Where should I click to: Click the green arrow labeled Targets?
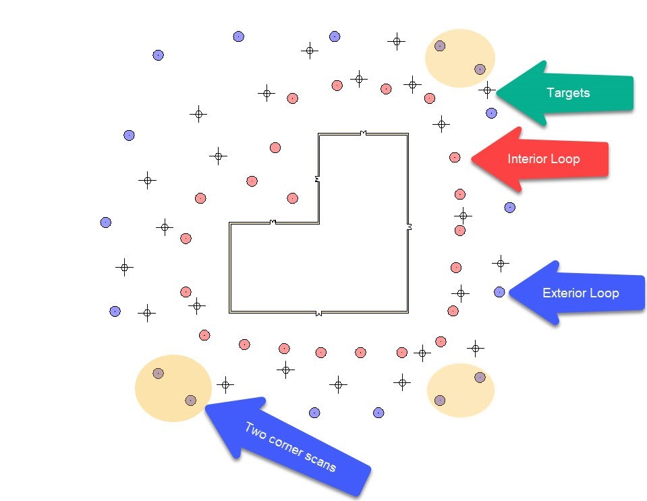pos(573,93)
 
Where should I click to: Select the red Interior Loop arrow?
pos(546,159)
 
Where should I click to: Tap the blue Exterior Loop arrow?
pos(580,293)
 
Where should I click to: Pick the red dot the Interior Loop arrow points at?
pos(455,157)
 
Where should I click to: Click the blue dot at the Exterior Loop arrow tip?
pos(499,292)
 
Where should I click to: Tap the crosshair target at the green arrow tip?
pos(487,89)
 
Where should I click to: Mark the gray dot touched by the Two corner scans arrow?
pos(190,401)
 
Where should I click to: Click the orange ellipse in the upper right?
pos(459,58)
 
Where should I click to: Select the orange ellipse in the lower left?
pos(173,387)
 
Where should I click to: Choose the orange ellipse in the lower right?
pos(461,390)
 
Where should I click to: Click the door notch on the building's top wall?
pos(364,134)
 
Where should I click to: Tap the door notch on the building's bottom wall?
pos(318,313)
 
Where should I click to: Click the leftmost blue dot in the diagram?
pos(105,223)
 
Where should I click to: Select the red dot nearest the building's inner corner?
pos(292,198)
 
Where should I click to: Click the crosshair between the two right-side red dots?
pos(463,216)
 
